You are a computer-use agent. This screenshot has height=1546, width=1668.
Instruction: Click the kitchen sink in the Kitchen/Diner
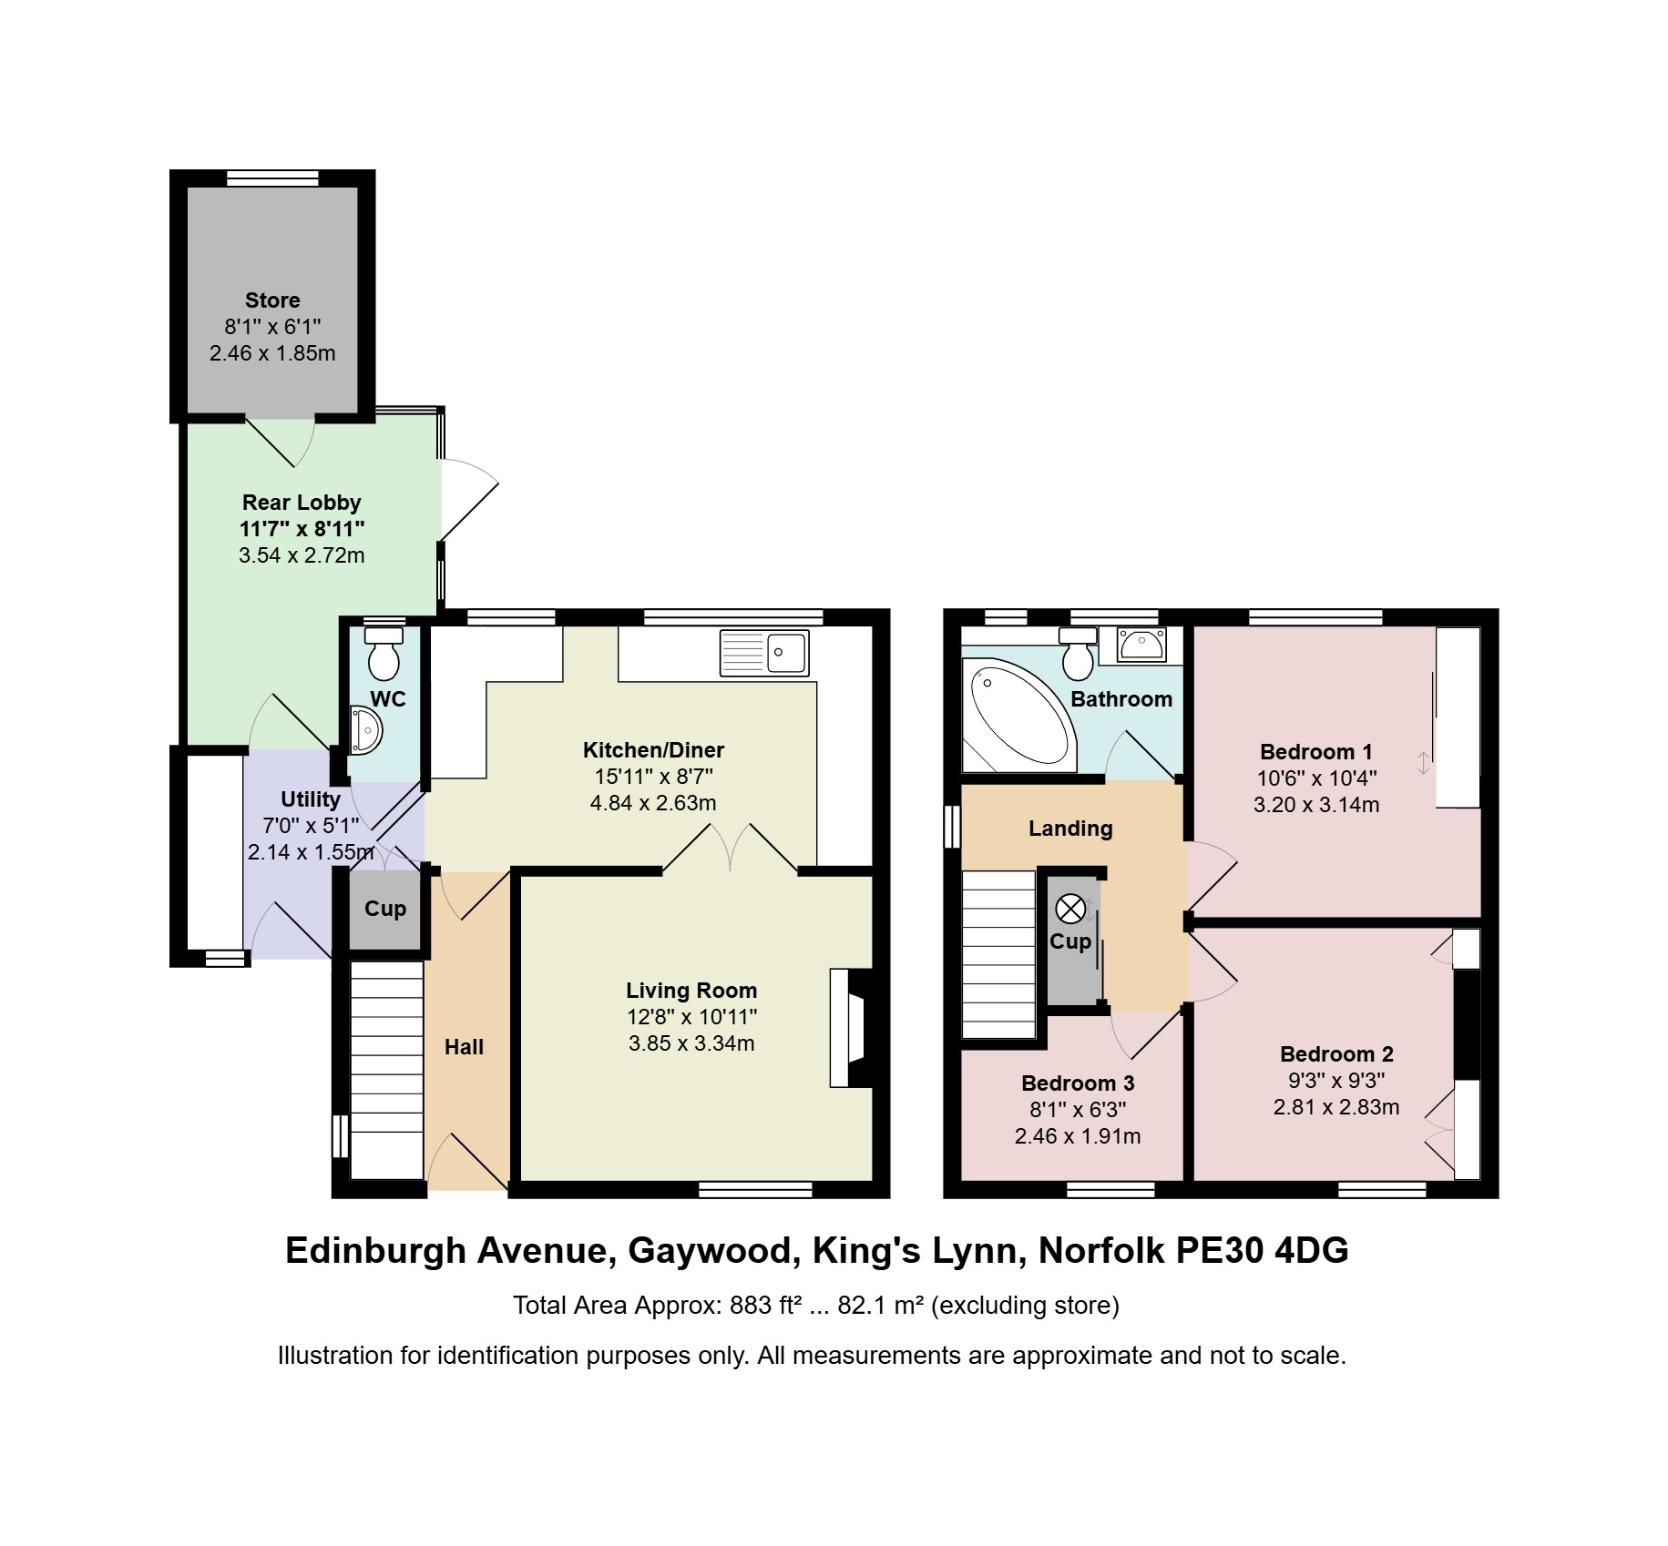pyautogui.click(x=763, y=653)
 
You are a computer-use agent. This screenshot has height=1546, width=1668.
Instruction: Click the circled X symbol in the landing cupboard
pyautogui.click(x=1070, y=909)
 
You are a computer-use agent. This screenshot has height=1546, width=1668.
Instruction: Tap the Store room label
pyautogui.click(x=272, y=300)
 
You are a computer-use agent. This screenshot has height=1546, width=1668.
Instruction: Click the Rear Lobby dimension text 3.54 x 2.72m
pyautogui.click(x=302, y=555)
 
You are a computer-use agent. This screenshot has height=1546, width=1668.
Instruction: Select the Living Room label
pyautogui.click(x=691, y=991)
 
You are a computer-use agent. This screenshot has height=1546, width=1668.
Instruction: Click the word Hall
pyautogui.click(x=464, y=1047)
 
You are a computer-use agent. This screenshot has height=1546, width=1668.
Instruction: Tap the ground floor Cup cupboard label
pyautogui.click(x=385, y=909)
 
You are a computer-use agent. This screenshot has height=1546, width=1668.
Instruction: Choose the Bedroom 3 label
pyautogui.click(x=1078, y=1083)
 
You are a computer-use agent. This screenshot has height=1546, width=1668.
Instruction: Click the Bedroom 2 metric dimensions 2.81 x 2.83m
pyautogui.click(x=1336, y=1107)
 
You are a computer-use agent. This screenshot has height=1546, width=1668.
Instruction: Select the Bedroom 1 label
pyautogui.click(x=1316, y=752)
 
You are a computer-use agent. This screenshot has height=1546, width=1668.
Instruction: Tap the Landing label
pyautogui.click(x=1070, y=829)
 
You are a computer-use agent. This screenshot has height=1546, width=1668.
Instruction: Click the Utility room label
pyautogui.click(x=311, y=799)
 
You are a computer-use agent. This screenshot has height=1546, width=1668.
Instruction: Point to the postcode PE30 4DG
pyautogui.click(x=1261, y=1250)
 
